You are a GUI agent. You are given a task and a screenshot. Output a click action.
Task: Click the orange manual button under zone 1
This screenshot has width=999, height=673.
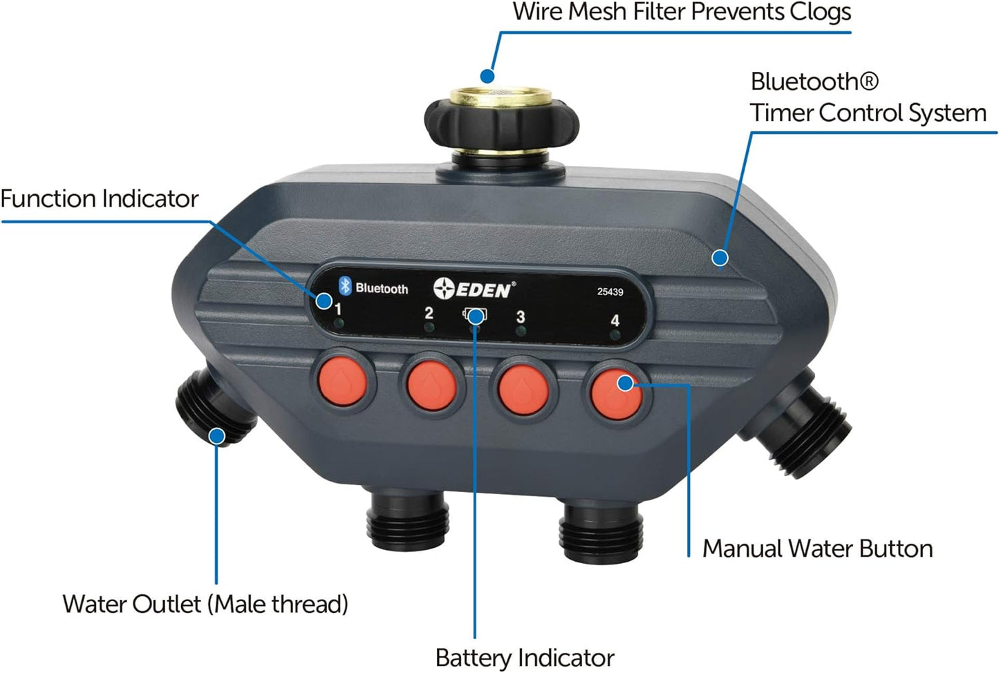pyautogui.click(x=342, y=383)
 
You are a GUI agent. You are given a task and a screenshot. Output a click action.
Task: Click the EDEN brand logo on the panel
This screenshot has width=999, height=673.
pyautogui.click(x=474, y=289)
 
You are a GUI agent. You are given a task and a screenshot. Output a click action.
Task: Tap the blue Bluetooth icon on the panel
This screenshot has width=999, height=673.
pyautogui.click(x=345, y=286)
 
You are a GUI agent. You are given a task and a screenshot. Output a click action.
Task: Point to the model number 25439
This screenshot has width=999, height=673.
pyautogui.click(x=610, y=292)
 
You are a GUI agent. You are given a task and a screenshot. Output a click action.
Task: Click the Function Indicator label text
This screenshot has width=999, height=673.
pyautogui.click(x=100, y=199)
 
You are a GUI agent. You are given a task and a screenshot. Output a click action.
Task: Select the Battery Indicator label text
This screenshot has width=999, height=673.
pyautogui.click(x=524, y=657)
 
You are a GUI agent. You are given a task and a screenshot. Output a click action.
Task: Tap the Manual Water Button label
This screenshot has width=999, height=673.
pyautogui.click(x=817, y=549)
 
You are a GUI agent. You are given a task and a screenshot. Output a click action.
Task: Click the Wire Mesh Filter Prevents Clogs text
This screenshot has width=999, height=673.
pyautogui.click(x=681, y=12)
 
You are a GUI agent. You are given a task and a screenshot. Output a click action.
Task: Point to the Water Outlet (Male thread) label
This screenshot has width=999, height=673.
pyautogui.click(x=205, y=604)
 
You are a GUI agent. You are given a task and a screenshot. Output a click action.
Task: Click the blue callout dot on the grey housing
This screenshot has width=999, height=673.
pyautogui.click(x=720, y=258)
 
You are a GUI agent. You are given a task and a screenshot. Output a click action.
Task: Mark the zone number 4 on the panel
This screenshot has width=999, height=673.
pyautogui.click(x=615, y=321)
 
